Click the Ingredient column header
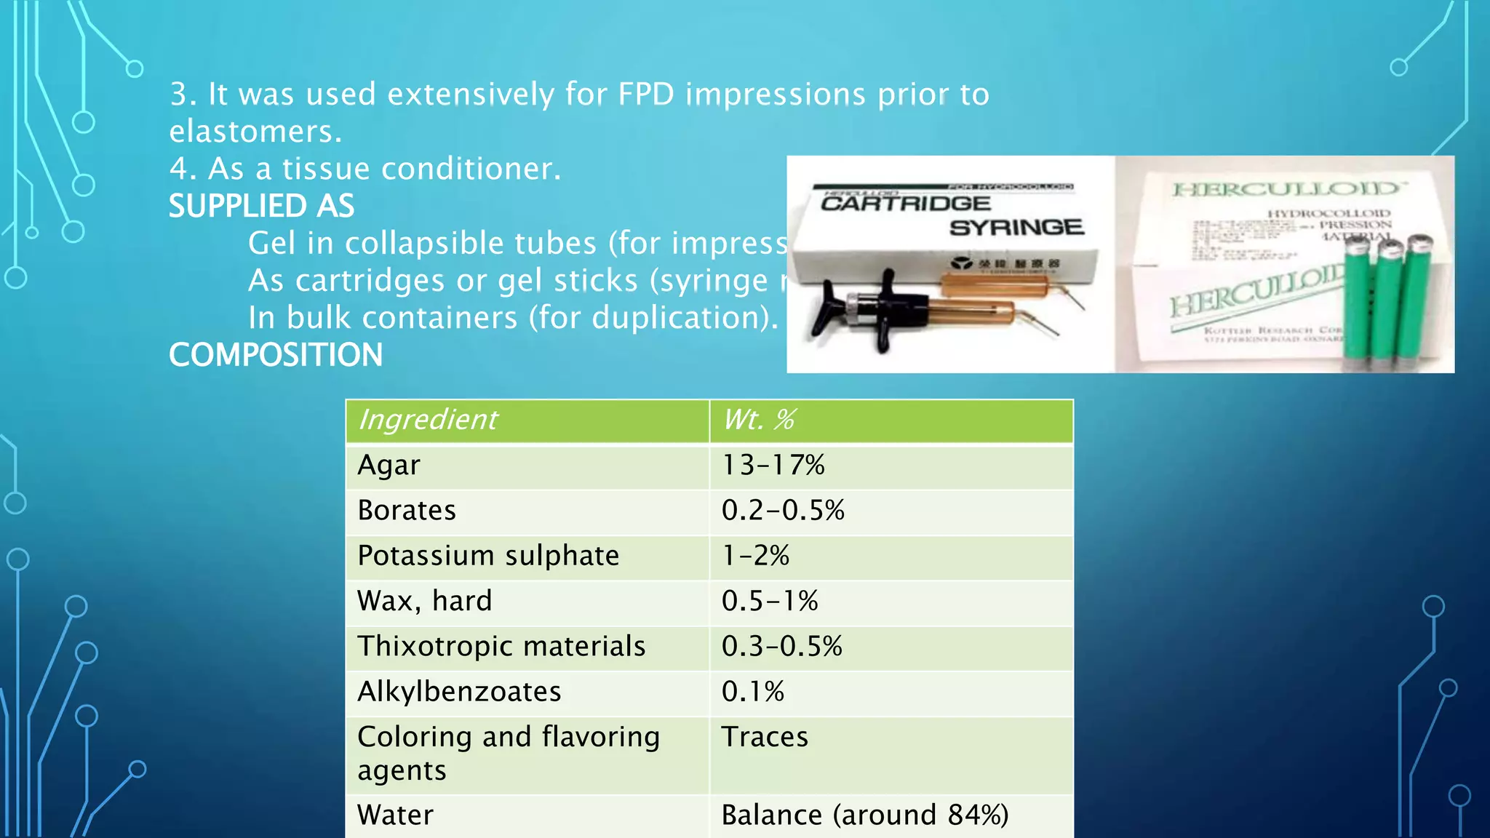point(428,420)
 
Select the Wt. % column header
point(759,420)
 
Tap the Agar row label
point(389,466)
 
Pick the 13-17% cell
point(773,466)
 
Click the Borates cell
point(407,511)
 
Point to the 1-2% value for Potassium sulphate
point(755,556)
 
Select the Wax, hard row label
point(425,601)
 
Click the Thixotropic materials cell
point(501,646)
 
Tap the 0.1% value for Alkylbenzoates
point(753,691)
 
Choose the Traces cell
point(765,737)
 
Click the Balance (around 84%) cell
point(865,815)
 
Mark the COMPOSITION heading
point(276,355)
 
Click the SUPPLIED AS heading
point(262,206)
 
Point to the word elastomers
point(254,132)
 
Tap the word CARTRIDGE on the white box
point(905,203)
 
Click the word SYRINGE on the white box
point(1016,228)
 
